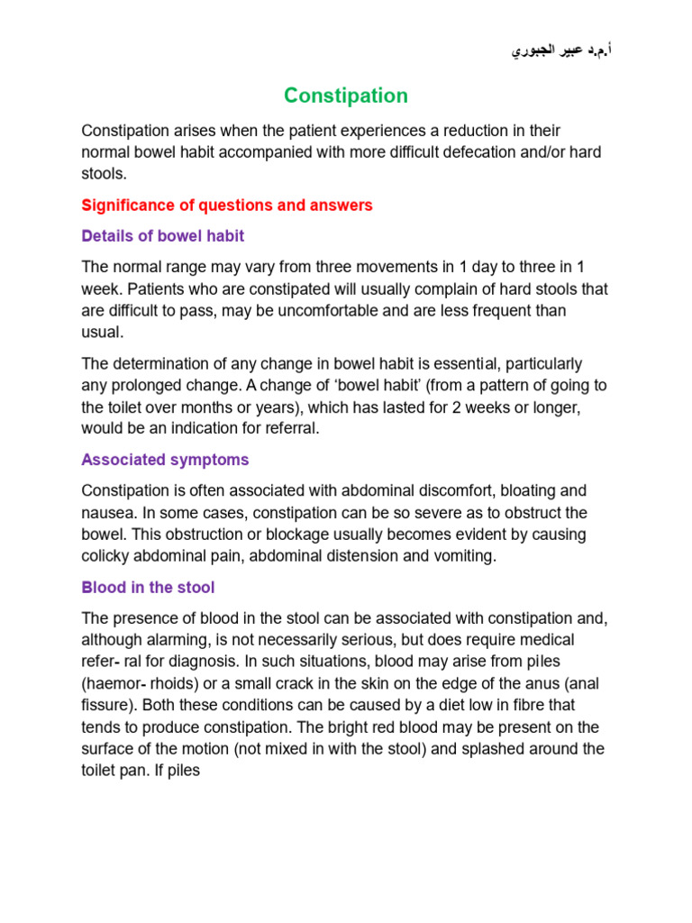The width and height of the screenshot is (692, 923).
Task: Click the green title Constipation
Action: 346,96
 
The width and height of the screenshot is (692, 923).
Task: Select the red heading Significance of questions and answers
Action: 226,206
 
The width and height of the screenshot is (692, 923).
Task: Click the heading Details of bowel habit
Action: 162,236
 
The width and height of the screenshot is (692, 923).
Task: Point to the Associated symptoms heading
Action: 165,460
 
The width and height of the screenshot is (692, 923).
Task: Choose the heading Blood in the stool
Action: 148,588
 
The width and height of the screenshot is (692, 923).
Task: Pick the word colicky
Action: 107,556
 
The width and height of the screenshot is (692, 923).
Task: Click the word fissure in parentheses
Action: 107,705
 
